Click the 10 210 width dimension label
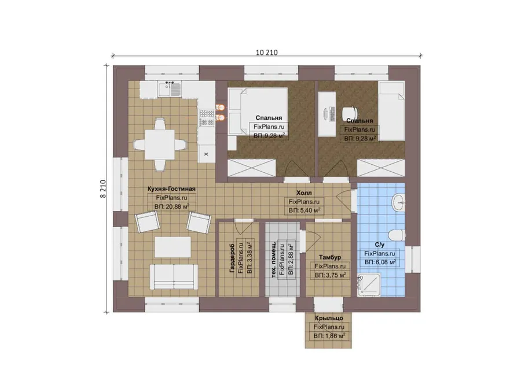(266, 53)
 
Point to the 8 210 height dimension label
(103, 189)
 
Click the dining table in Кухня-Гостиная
(160, 145)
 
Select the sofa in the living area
(174, 277)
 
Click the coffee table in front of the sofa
(173, 247)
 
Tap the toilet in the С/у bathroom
(397, 235)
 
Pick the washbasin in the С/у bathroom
(398, 202)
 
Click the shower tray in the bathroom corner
(369, 285)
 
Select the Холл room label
(304, 193)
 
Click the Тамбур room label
(330, 257)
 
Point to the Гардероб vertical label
(232, 258)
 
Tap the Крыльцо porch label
(329, 318)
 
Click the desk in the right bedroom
(327, 114)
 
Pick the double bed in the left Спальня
(258, 111)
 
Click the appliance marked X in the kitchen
(206, 154)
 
